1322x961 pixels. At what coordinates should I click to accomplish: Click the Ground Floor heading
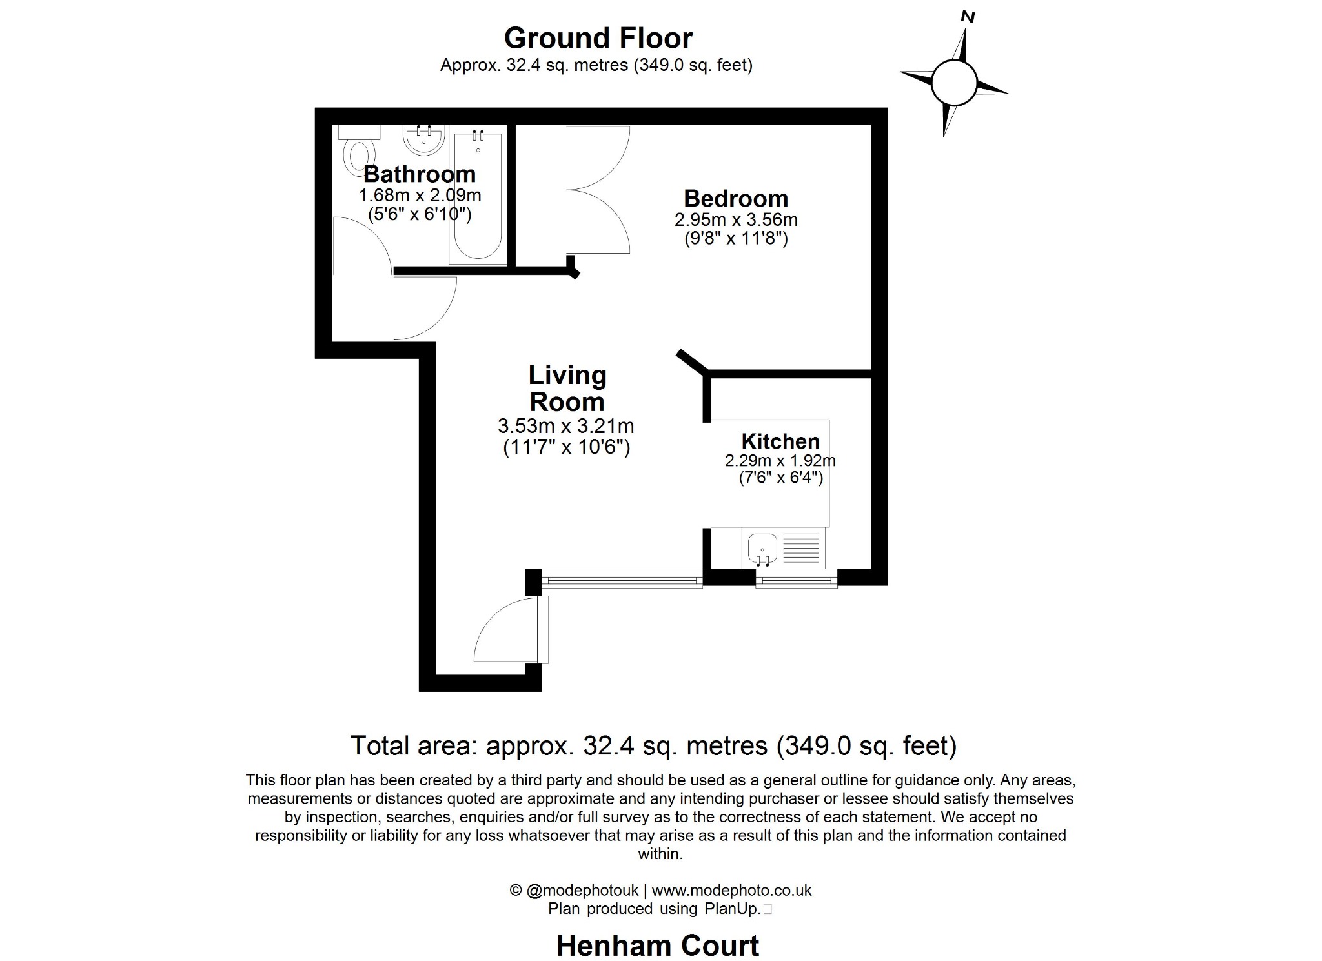coord(598,38)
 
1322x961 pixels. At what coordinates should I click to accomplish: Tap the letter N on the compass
coord(967,17)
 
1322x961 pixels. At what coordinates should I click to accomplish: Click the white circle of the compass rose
coord(953,83)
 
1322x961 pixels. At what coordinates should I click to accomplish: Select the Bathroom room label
coord(420,174)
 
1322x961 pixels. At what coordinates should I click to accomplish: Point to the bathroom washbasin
coord(423,139)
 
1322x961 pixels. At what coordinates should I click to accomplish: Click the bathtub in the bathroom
coord(478,197)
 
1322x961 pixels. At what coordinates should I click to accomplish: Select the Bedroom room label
coord(735,198)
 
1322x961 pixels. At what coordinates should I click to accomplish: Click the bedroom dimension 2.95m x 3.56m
coord(735,219)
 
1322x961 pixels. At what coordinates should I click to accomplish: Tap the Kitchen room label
coord(780,441)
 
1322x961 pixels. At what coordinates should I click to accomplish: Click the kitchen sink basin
coord(762,549)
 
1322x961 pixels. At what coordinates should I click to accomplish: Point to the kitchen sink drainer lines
coord(800,547)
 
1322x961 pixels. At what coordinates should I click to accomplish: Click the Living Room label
coord(567,389)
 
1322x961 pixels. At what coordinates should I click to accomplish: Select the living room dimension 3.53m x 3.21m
coord(565,426)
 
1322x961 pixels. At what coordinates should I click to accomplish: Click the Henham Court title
coord(657,946)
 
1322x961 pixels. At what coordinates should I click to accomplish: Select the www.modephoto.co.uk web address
coord(731,890)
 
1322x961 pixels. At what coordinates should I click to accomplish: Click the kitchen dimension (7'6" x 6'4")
coord(780,478)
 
